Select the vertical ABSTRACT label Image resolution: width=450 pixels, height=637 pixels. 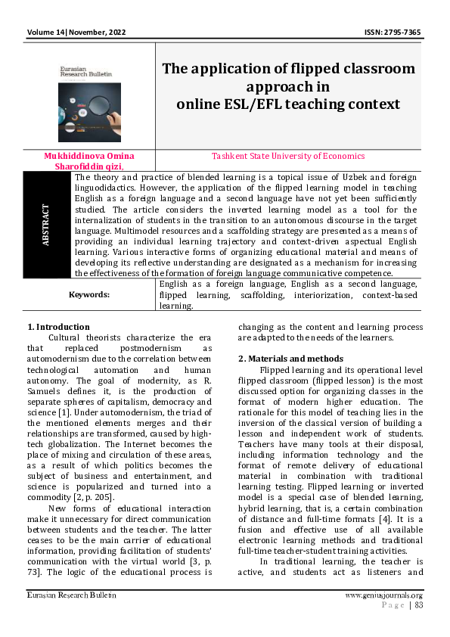point(45,225)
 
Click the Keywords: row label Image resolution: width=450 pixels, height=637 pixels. point(89,294)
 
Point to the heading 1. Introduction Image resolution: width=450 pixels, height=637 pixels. point(58,327)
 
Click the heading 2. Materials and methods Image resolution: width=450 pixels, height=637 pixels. point(290,358)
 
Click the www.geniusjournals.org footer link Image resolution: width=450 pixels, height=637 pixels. point(383,595)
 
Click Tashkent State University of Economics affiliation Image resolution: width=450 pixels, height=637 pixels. point(288,156)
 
